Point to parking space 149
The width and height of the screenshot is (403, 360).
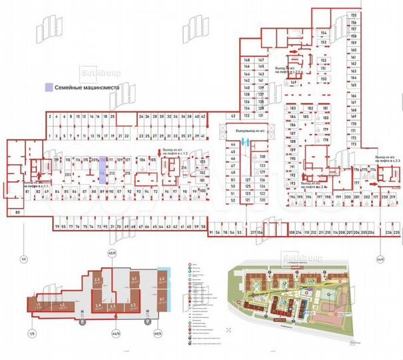pos(293,83)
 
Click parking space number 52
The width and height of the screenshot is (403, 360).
pos(232,200)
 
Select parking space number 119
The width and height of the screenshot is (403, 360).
pos(57,160)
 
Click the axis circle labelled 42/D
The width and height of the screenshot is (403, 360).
pos(111,254)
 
